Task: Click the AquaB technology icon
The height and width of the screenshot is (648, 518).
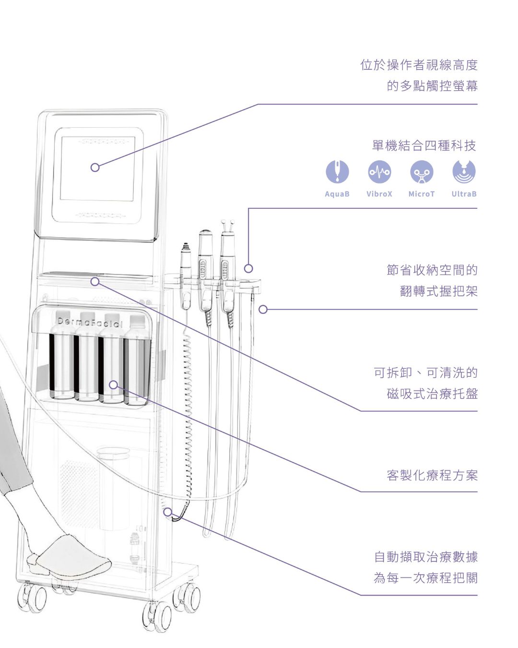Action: pyautogui.click(x=337, y=171)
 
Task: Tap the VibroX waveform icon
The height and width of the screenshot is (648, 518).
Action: pyautogui.click(x=379, y=171)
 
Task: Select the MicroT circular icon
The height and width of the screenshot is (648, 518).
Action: pyautogui.click(x=422, y=171)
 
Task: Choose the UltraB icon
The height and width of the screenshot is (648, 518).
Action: pyautogui.click(x=464, y=171)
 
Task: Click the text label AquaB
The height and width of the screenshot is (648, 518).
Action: pyautogui.click(x=337, y=194)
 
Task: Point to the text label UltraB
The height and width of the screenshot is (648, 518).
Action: pyautogui.click(x=464, y=194)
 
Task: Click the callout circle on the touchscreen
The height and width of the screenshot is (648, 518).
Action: pyautogui.click(x=95, y=168)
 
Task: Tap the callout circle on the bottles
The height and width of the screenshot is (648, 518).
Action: pyautogui.click(x=113, y=384)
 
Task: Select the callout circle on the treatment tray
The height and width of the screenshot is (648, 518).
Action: pyautogui.click(x=95, y=282)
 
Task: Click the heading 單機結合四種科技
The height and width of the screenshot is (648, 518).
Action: pyautogui.click(x=424, y=146)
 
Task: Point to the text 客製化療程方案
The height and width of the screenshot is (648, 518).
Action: pyautogui.click(x=432, y=476)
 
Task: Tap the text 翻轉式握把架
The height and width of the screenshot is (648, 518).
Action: pyautogui.click(x=438, y=291)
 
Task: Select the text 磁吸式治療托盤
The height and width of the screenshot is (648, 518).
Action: pyautogui.click(x=432, y=394)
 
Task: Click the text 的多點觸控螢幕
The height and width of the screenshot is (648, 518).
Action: pyautogui.click(x=432, y=86)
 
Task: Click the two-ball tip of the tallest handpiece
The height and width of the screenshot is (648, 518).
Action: pyautogui.click(x=227, y=223)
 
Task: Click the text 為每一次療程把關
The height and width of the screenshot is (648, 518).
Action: pyautogui.click(x=425, y=578)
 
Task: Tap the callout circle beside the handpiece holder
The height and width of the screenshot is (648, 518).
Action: pyautogui.click(x=248, y=268)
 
